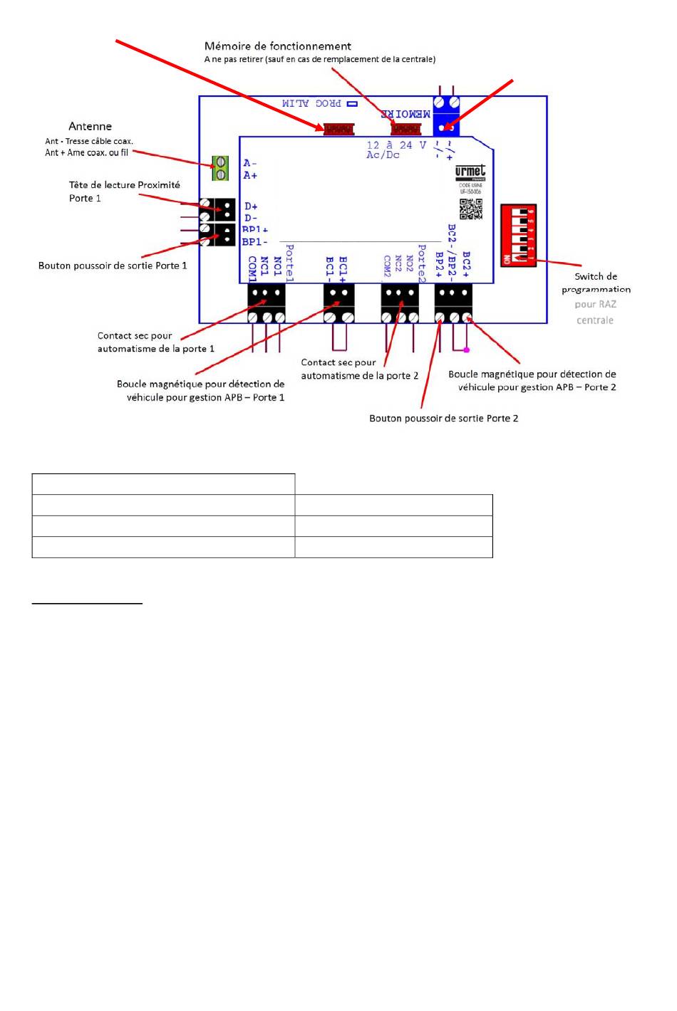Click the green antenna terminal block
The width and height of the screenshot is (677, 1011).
(221, 168)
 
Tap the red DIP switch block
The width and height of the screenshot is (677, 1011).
(518, 235)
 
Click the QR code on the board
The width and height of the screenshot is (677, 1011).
(470, 209)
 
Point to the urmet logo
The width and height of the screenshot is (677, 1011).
(470, 172)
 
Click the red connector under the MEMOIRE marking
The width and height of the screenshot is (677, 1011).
(405, 129)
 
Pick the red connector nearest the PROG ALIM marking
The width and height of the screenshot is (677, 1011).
(338, 129)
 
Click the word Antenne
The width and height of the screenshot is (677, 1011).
(90, 127)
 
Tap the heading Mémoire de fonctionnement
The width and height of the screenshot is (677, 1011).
(277, 46)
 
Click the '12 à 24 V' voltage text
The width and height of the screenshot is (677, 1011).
(396, 145)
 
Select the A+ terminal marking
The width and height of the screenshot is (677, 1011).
(250, 175)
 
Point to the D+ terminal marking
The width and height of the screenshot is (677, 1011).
(251, 206)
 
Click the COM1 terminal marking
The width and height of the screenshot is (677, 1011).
(252, 268)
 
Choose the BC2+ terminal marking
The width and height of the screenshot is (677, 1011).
(467, 263)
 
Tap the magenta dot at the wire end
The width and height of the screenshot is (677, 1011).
(467, 350)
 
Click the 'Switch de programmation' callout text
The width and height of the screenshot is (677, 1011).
(596, 283)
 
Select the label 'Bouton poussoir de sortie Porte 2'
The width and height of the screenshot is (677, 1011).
(443, 419)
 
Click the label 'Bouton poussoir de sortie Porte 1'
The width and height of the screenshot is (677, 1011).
(113, 266)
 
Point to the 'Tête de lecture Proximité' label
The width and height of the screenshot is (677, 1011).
(124, 185)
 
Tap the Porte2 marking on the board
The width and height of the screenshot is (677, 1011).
(422, 263)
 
